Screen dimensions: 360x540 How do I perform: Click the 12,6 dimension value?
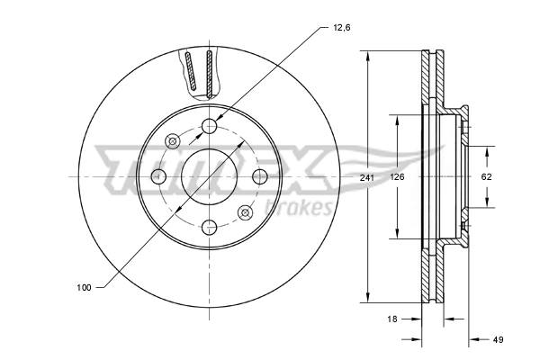[x=340, y=28]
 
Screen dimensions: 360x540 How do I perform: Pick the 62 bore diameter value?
[x=486, y=177]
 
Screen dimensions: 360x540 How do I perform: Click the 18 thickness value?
[x=392, y=319]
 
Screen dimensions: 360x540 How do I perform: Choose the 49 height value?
[x=499, y=339]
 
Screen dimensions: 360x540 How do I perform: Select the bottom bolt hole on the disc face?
[x=209, y=227]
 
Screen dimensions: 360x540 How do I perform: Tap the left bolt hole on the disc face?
[x=158, y=175]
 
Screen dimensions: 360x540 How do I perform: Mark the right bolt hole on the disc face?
[x=260, y=175]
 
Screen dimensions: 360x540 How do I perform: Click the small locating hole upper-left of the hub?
[x=173, y=140]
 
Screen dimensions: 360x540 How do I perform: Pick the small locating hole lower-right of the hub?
[x=245, y=212]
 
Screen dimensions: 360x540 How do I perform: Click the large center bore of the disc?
[x=209, y=175]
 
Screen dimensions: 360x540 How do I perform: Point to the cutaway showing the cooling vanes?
[x=200, y=72]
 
